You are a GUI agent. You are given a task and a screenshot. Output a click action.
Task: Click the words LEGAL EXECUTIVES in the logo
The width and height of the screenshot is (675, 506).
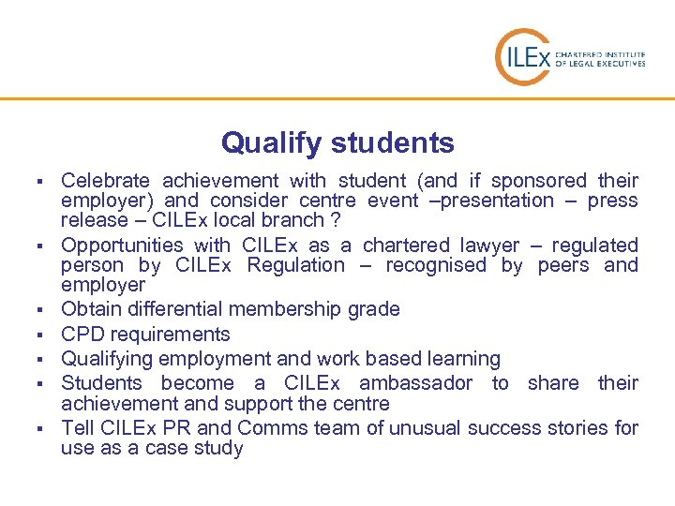tap(612, 64)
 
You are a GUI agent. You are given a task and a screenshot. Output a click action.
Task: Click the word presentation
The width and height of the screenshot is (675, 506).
tap(498, 200)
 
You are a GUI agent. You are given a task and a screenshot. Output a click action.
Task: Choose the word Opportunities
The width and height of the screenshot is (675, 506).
tap(116, 245)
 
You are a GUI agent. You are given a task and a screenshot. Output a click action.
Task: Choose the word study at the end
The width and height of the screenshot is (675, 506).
tap(219, 448)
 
